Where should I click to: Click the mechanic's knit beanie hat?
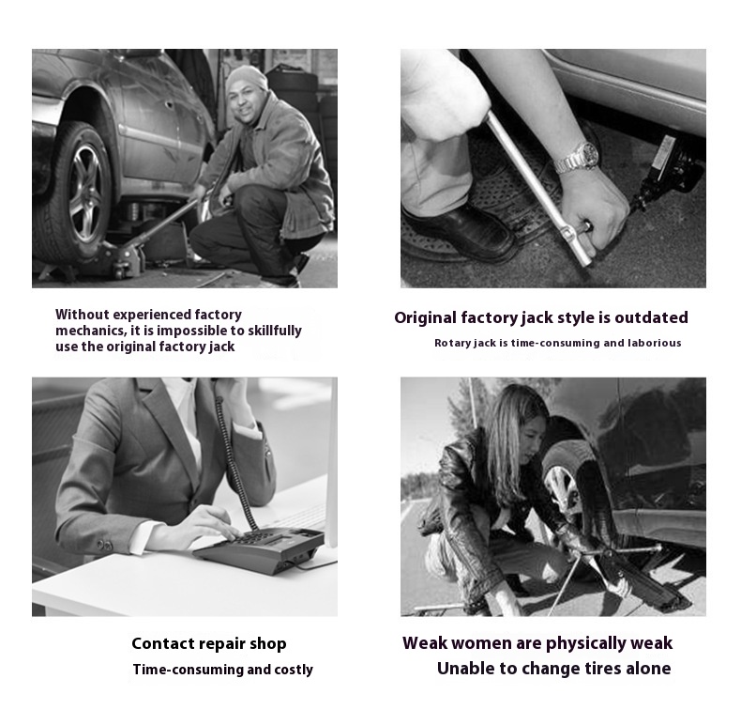(x=246, y=78)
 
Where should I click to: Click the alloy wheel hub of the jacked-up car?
(x=85, y=193)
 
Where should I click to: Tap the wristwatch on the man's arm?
(x=577, y=158)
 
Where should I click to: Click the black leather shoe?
(x=459, y=232)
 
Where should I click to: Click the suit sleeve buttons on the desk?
(x=104, y=545)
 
